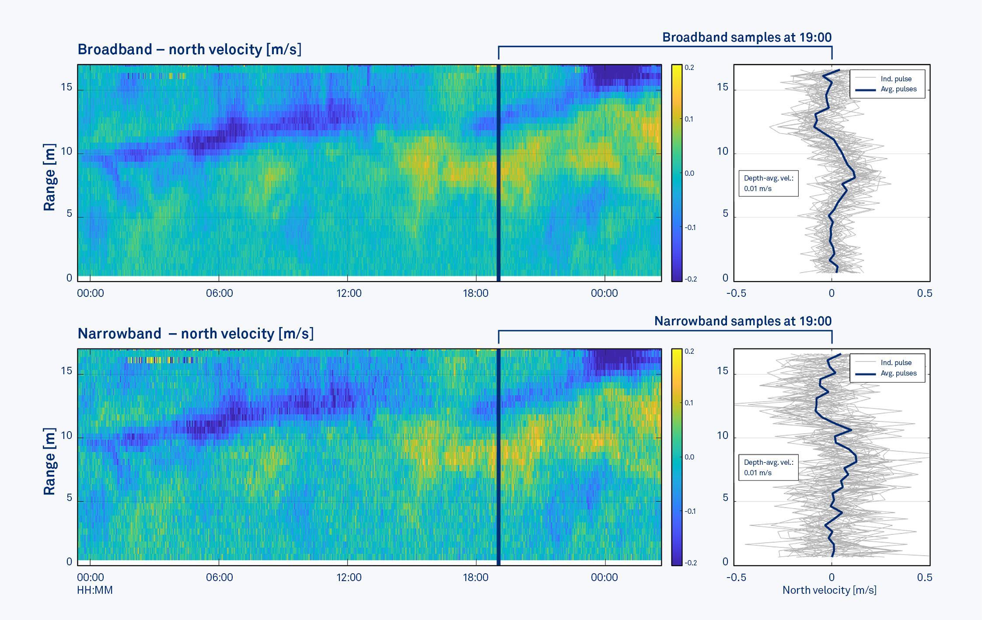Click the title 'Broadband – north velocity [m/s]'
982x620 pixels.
tap(189, 49)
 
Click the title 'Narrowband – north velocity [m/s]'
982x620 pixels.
tap(196, 334)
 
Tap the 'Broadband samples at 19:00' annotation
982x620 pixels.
tap(747, 38)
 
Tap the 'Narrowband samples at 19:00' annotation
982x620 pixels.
tap(742, 321)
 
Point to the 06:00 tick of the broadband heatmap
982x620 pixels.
tap(219, 293)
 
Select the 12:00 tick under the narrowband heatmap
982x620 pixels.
tap(349, 578)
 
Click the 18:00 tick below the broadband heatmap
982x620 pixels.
tap(475, 293)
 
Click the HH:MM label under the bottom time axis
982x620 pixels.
tap(95, 590)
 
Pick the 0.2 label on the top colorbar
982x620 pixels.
tap(689, 68)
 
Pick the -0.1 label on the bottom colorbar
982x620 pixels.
tap(690, 511)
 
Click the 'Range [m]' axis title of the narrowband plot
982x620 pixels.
tap(49, 461)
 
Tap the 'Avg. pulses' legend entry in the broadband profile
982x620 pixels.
tap(898, 89)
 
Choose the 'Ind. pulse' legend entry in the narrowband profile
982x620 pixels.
tap(896, 363)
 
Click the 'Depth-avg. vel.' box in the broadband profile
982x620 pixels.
tap(769, 184)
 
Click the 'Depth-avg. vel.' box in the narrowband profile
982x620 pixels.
tap(769, 467)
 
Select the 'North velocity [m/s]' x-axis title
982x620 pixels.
tap(829, 590)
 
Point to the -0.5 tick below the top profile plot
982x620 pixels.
tap(736, 293)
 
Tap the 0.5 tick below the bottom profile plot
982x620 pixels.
tap(924, 578)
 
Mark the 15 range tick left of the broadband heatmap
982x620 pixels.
tap(66, 87)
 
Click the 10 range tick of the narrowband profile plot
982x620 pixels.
tap(722, 435)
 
